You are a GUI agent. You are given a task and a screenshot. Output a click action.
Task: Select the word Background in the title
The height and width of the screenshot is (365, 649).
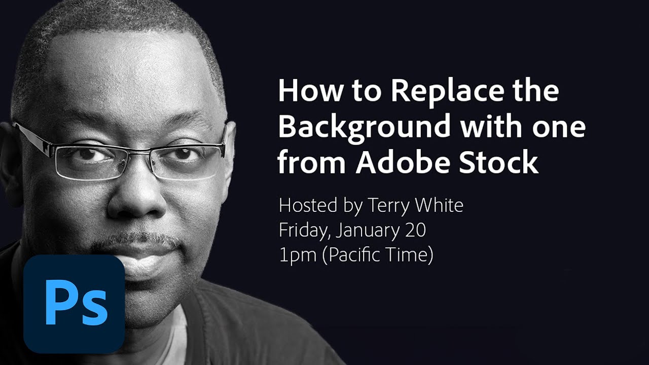pyautogui.click(x=364, y=127)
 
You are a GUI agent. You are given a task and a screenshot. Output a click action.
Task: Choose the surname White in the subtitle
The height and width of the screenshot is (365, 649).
pyautogui.click(x=438, y=205)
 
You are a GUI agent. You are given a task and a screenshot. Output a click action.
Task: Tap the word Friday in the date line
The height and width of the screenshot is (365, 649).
pyautogui.click(x=305, y=231)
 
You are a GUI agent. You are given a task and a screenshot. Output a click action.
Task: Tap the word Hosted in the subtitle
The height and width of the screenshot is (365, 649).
pyautogui.click(x=307, y=205)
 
